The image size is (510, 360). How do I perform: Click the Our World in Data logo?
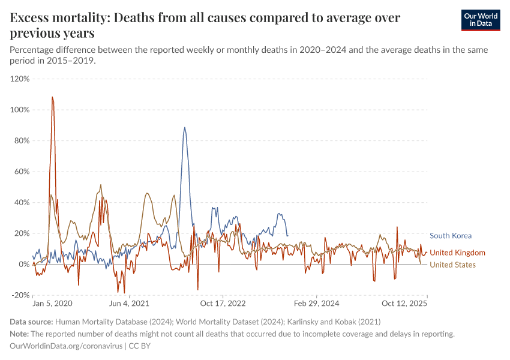(480, 20)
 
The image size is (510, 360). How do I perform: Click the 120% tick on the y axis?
(20, 79)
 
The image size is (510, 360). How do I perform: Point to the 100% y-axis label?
(20, 110)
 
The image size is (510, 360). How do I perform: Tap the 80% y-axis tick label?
(22, 141)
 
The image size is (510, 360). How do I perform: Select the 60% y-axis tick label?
(22, 172)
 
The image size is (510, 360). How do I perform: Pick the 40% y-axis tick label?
(22, 203)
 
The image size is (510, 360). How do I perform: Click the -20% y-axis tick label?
(20, 295)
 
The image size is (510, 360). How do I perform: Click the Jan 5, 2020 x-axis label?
(52, 304)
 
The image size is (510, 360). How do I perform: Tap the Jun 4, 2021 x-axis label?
(129, 304)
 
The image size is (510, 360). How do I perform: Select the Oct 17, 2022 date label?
(223, 304)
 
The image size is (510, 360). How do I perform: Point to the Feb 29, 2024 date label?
(317, 304)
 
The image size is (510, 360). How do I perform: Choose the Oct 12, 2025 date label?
(405, 304)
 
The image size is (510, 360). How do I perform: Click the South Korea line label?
(451, 236)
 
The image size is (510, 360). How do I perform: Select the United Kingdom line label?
(457, 253)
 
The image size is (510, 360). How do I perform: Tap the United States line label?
(452, 265)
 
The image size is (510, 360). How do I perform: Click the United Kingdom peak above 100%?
(52, 97)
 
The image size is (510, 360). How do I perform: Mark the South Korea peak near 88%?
(185, 127)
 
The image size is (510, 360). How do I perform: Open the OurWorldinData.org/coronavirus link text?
(66, 346)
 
